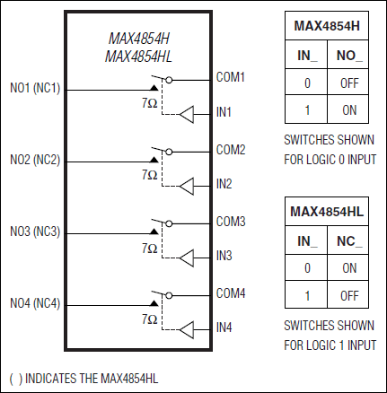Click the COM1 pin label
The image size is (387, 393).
[x=231, y=77]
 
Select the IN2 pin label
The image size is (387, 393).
[x=224, y=184]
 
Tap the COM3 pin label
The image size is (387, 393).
[x=231, y=221]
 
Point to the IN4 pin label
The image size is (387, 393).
[x=224, y=327]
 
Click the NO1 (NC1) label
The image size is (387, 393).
[x=35, y=89]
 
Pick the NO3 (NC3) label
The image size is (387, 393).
[x=35, y=232]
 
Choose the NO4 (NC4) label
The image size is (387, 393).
[x=35, y=304]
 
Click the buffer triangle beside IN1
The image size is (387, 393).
[x=188, y=114]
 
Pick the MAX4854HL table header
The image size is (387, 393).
[x=328, y=212]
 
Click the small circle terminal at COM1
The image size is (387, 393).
[x=169, y=79]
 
